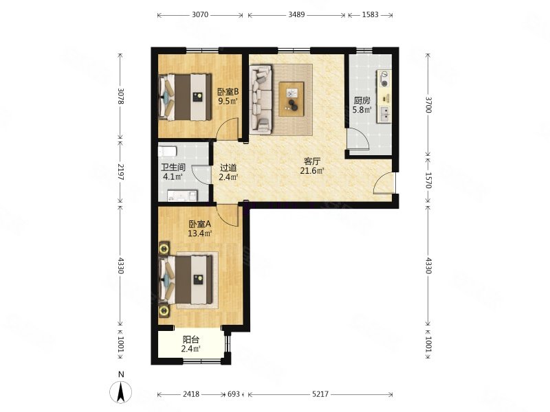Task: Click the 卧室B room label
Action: [x=228, y=92]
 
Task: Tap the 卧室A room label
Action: [x=200, y=224]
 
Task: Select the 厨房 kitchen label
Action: [x=362, y=100]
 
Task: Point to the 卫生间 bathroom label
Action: [x=173, y=168]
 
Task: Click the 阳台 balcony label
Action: [x=191, y=339]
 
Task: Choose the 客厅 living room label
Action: [x=312, y=161]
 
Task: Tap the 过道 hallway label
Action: [x=228, y=168]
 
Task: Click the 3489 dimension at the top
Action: [x=296, y=14]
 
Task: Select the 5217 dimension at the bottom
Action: [x=320, y=394]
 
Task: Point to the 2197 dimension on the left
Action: [x=120, y=172]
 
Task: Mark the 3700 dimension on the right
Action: [x=428, y=105]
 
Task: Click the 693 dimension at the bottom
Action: [x=234, y=394]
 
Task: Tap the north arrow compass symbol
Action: [x=121, y=391]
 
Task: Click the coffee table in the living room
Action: [x=291, y=99]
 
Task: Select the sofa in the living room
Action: [x=261, y=99]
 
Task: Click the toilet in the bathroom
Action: [x=167, y=152]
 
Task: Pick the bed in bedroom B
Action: [x=186, y=97]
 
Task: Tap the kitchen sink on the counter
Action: [x=384, y=114]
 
